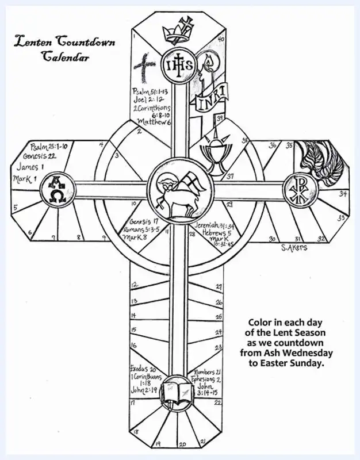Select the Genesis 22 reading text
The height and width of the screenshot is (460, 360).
coord(41,156)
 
